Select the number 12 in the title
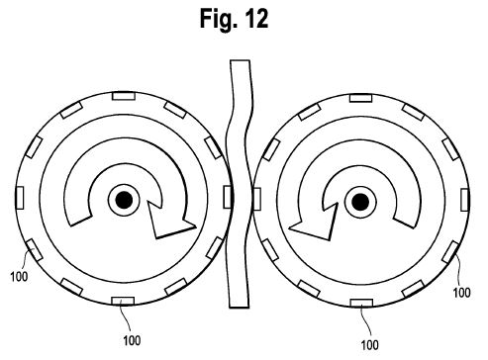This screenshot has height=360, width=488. pos(256,19)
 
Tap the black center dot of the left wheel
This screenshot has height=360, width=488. pos(124,200)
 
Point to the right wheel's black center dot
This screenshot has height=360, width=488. pos(360,202)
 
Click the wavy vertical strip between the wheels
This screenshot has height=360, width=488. pos(240,185)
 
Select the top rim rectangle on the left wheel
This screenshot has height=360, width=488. pos(124,96)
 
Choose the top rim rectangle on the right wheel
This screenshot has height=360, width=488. pos(360,98)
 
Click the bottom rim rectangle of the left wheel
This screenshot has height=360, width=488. pos(123,301)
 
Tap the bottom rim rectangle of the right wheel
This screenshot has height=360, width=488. pos(361,303)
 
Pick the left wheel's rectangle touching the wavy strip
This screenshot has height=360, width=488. pos(228,197)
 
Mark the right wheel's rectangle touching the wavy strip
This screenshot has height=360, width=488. pos(256,199)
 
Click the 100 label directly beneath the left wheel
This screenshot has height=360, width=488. pos(132,340)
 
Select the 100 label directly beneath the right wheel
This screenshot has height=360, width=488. pos(369,345)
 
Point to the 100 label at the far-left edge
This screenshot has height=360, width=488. pos(19,276)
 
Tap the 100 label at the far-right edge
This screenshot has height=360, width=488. pos(461,292)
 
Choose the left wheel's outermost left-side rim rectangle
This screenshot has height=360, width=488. pos(20,198)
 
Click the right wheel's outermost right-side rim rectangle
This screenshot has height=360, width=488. pos(465,200)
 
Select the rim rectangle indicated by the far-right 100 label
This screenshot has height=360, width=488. pos(450,252)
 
